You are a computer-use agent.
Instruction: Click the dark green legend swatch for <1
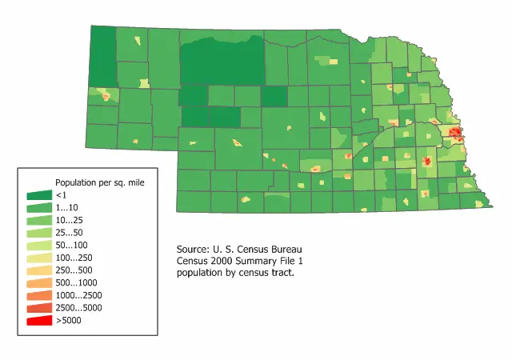(39, 195)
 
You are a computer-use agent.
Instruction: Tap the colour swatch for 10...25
(39, 220)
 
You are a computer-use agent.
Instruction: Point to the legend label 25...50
(68, 233)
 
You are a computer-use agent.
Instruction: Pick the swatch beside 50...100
(39, 245)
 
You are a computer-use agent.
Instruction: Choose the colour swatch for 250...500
(39, 270)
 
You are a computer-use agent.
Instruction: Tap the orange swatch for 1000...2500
(39, 295)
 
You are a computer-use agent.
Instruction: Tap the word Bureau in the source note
(285, 250)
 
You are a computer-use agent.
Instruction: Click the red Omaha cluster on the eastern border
(455, 133)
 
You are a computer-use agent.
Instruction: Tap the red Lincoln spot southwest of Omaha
(426, 162)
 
